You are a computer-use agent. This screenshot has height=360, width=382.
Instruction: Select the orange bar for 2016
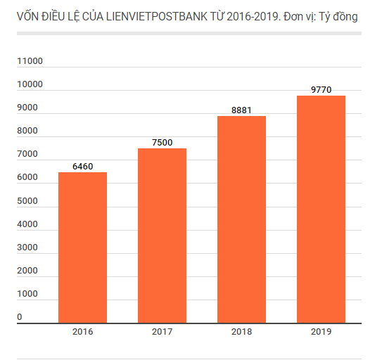82,247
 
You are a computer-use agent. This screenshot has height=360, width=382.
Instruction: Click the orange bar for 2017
162,236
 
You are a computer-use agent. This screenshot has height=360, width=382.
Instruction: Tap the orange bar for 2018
241,219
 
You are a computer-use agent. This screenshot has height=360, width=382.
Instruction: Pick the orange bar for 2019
321,209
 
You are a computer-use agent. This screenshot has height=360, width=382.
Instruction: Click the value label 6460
82,167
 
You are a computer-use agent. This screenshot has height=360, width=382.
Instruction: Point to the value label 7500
162,143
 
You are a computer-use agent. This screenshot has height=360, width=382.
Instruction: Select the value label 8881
241,110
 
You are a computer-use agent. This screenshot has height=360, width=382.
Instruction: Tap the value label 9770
321,90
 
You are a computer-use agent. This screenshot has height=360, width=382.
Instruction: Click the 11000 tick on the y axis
30,61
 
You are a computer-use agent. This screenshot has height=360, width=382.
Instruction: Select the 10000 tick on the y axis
30,84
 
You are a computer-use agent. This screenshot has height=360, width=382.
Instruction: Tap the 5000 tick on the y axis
28,201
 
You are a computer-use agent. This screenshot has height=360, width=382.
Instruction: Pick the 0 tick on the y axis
20,317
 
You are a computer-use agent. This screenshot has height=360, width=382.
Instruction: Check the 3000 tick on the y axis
28,247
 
